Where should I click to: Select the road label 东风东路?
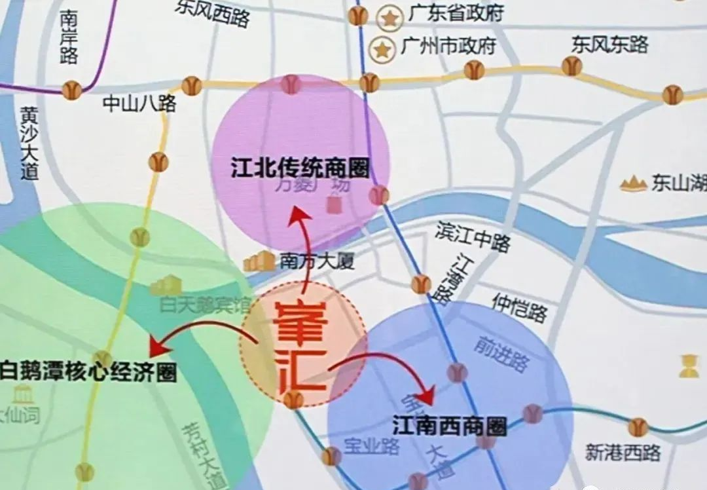coord(609,45)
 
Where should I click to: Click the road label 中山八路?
coord(139,104)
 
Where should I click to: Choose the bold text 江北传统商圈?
coord(300,168)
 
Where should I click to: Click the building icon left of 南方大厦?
coord(259,261)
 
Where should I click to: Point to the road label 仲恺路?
coord(519,307)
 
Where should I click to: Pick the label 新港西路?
coord(623,452)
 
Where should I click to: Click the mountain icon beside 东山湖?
coord(633,183)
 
